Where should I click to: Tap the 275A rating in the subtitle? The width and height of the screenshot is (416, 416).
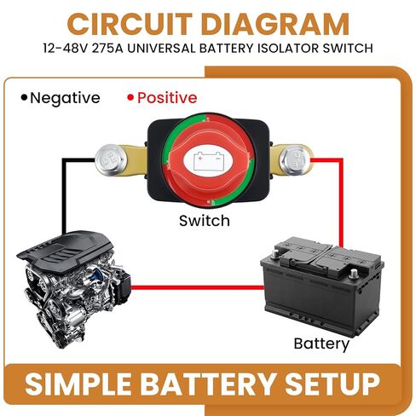pos(107,48)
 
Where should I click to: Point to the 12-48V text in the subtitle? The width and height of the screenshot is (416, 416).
pos(66,48)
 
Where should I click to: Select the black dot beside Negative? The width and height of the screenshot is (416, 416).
pos(25,97)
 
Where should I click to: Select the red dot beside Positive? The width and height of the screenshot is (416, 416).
pos(130,98)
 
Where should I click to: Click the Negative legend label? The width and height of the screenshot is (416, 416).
pos(65,98)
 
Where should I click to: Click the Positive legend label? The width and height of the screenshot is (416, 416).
pos(167,98)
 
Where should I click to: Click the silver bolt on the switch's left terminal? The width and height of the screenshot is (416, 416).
pos(111,159)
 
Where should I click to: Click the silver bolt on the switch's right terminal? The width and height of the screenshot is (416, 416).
pos(294,159)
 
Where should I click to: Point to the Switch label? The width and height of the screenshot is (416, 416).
pos(205,221)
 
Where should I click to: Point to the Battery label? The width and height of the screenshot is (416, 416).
pos(321,344)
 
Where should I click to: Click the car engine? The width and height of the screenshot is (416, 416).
pos(74,288)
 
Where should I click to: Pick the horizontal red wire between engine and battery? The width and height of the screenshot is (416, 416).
pos(197,288)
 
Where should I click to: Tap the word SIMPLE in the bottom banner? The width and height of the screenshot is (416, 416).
pos(78,384)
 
